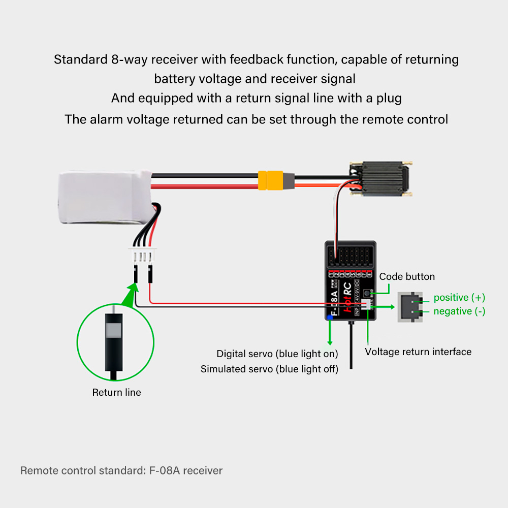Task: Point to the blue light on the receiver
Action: [x=330, y=317]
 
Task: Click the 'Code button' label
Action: [x=407, y=277]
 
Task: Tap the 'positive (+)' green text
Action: [x=459, y=298]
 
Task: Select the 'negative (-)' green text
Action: [x=459, y=311]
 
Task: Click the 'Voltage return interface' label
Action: [x=418, y=352]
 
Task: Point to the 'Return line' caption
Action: [x=116, y=392]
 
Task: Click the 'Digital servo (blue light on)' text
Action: [x=277, y=354]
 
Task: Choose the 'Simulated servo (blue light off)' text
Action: [x=269, y=369]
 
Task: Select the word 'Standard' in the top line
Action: [x=80, y=59]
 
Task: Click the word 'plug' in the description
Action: [x=389, y=98]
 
